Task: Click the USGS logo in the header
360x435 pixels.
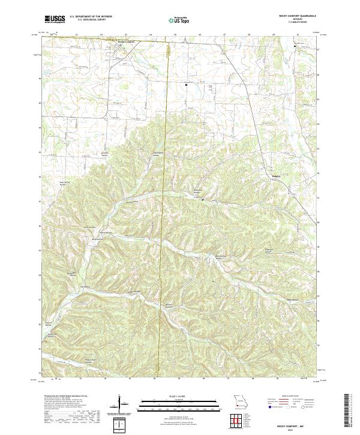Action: [x=55, y=19]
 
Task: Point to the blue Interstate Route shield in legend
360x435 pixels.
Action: [x=268, y=406]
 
